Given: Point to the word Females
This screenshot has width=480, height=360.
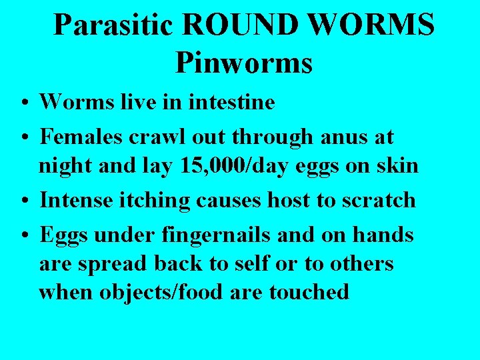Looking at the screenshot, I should tap(81, 137).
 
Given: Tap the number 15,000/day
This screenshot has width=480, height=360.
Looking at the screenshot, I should tap(220, 166).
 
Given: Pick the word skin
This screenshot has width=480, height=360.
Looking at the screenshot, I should tap(399, 166).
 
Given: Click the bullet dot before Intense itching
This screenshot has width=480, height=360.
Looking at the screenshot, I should tap(23, 201).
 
